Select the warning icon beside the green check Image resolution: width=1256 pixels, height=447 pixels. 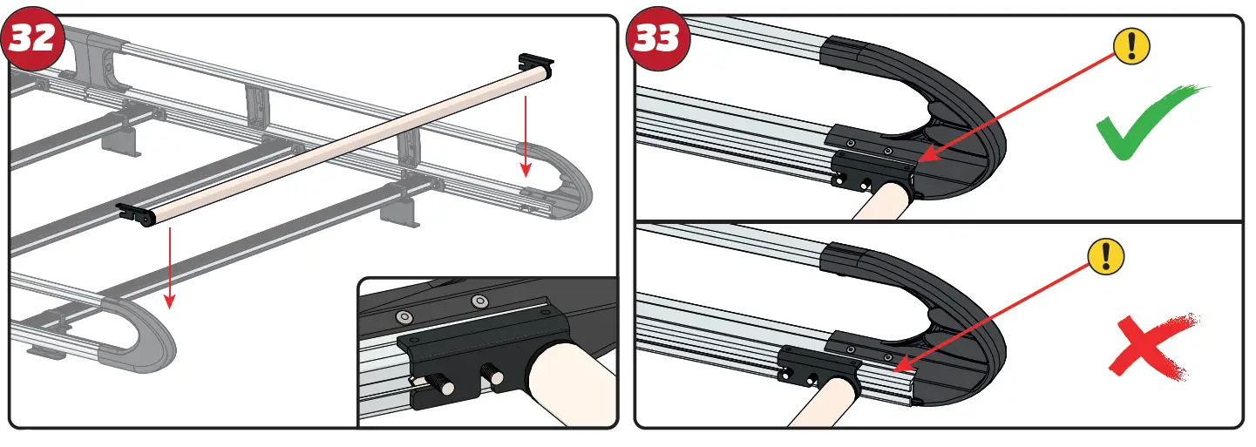(1132, 44)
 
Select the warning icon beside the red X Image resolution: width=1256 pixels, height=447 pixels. (1106, 255)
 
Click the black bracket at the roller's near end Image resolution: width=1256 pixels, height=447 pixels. (135, 212)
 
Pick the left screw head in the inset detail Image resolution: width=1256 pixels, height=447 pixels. (404, 315)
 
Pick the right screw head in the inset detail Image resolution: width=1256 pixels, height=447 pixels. (479, 301)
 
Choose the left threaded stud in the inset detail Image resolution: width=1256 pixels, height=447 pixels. (442, 384)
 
